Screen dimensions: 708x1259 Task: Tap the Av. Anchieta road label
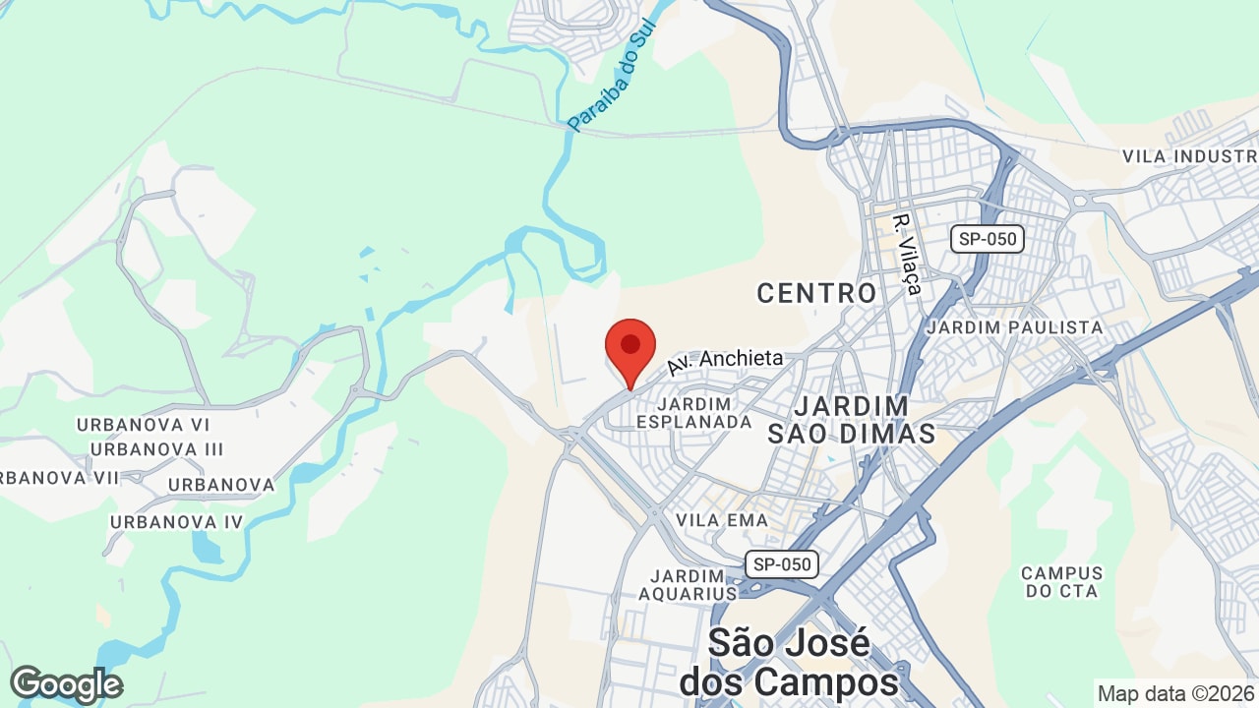coord(725,361)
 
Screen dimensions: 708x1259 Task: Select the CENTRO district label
coord(816,292)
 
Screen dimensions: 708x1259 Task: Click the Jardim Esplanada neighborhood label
coord(693,412)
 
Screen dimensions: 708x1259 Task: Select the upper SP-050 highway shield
coord(988,239)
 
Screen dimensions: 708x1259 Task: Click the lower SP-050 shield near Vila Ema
coord(781,564)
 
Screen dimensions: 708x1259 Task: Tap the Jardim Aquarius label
coord(688,584)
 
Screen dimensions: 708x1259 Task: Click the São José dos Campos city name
coord(789,662)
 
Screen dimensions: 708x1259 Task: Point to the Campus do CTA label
coord(1062,581)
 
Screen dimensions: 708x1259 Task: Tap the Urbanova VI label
coord(144,425)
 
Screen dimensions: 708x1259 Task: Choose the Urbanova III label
coord(157,449)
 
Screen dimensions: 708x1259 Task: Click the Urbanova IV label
coord(176,522)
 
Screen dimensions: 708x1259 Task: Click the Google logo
coord(66,684)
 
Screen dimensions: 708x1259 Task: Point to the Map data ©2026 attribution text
coord(1174,692)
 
